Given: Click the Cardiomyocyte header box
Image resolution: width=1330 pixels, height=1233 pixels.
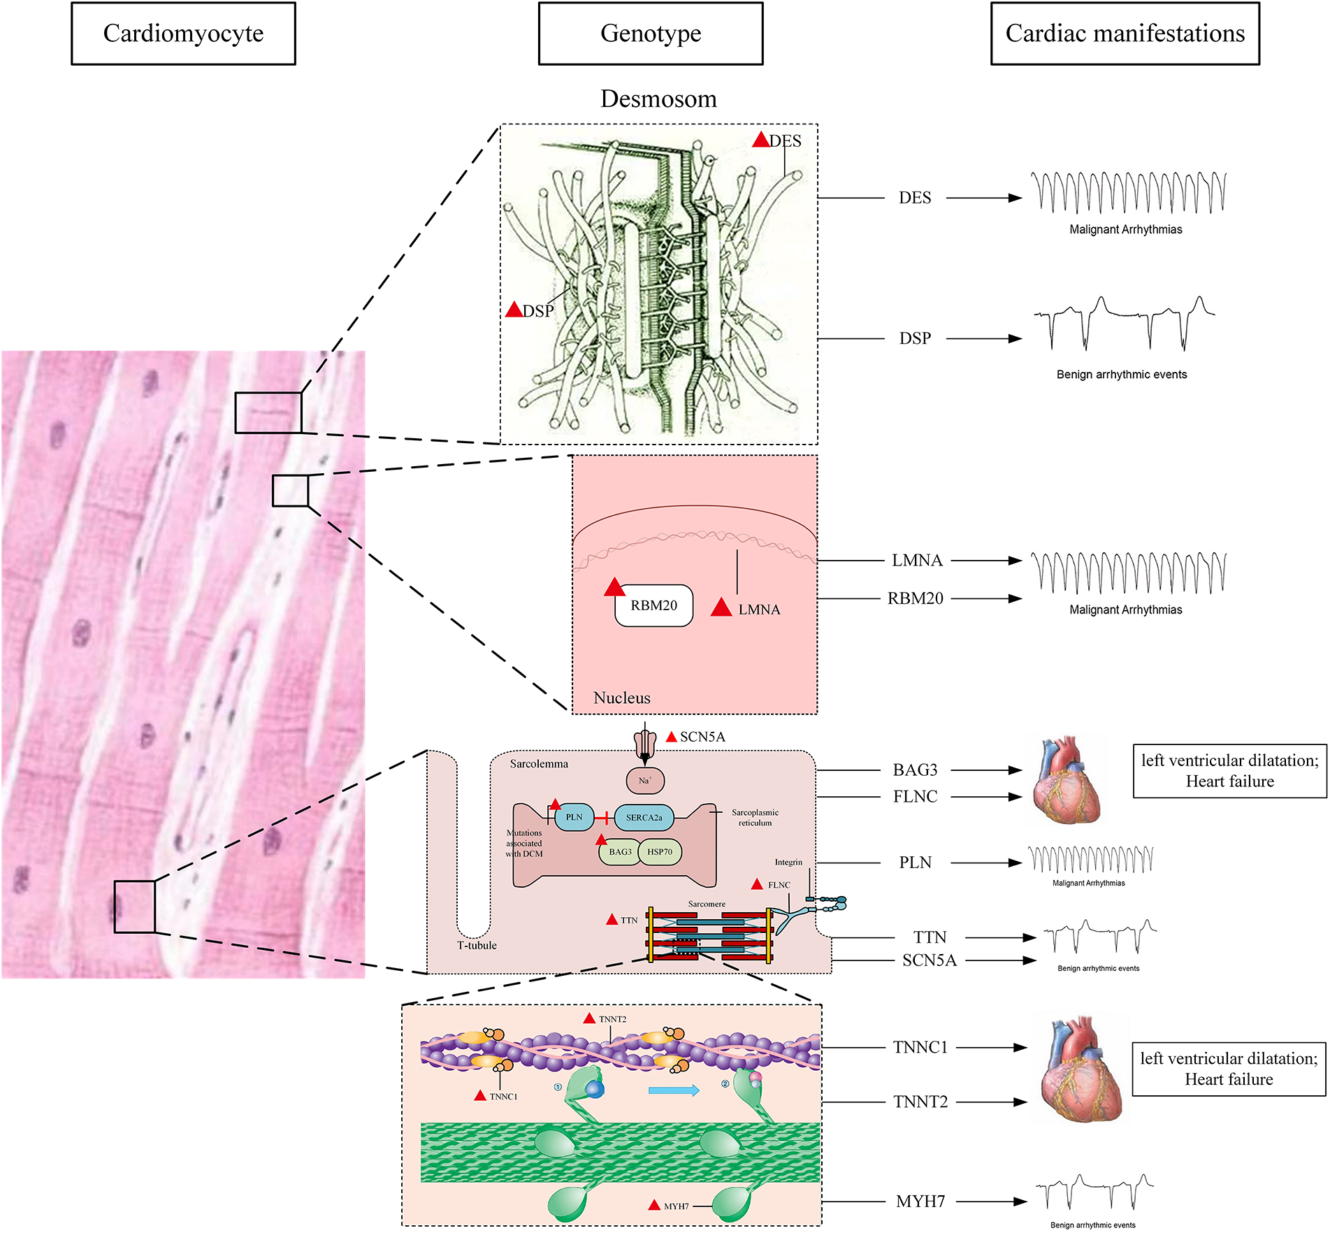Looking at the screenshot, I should (x=183, y=34).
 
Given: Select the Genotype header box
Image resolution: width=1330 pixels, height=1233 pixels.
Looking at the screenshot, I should (x=650, y=34).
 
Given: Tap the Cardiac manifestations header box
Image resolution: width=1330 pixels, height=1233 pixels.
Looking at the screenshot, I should (x=1125, y=34).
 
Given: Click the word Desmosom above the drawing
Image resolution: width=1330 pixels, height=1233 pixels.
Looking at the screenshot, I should (x=658, y=99).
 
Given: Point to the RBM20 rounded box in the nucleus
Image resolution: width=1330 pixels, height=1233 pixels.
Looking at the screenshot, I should (x=653, y=605).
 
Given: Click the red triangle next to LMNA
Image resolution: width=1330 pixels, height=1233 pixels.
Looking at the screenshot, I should (x=721, y=607).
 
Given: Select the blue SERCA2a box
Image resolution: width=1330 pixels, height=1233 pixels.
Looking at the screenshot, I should (x=644, y=817).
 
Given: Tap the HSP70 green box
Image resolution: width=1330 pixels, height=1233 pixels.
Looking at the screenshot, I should (x=660, y=851).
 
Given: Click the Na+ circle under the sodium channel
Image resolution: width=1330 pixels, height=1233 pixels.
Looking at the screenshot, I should (x=644, y=781).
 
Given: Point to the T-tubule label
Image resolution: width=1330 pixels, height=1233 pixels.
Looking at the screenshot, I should (x=477, y=945).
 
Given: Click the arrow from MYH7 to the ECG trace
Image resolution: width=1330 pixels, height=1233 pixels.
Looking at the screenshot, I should (x=990, y=1202).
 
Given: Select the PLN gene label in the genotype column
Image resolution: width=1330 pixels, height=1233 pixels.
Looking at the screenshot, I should (x=915, y=863).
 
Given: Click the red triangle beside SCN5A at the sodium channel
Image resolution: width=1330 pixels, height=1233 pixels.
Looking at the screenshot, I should (x=671, y=737).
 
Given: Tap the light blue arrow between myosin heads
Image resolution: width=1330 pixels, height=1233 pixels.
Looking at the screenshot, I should (x=674, y=1090).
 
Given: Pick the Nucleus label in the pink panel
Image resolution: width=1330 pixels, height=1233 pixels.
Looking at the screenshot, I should (x=621, y=698).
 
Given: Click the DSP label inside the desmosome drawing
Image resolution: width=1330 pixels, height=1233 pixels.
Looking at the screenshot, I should (x=537, y=311).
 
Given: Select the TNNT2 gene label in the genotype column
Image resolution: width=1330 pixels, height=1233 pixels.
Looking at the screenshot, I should (x=920, y=1102).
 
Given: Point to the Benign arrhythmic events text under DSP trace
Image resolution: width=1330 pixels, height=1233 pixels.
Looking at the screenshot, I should (x=1121, y=374).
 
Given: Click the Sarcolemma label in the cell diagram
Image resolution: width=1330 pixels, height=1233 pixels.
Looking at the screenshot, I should (x=538, y=763).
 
